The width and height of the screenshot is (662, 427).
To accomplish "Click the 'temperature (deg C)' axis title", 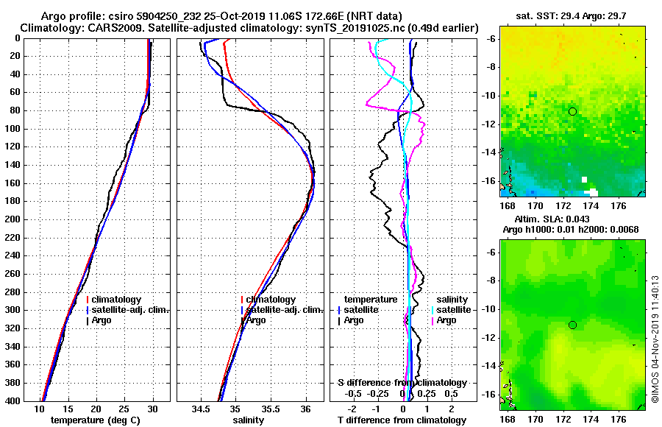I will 95,420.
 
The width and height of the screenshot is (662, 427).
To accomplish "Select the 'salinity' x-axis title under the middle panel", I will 248,420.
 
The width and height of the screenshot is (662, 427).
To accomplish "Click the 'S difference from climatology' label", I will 402,383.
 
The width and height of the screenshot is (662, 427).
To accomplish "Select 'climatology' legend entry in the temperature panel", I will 118,300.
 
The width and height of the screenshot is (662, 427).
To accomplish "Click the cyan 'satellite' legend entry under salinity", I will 453,310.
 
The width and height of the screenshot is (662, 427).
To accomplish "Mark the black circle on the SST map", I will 572,111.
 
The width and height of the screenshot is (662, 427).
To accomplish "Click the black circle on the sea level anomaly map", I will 572,325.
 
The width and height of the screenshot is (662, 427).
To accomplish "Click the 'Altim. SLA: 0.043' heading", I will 573,220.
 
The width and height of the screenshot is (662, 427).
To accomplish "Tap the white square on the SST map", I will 585,179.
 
